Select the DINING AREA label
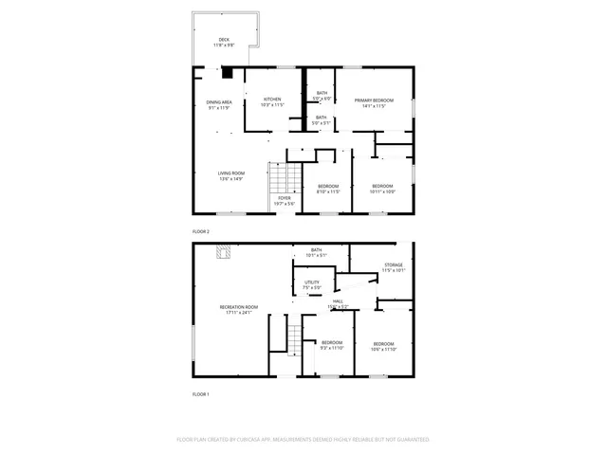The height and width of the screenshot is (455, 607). coord(219,104)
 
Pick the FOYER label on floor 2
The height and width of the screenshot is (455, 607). coord(285,200)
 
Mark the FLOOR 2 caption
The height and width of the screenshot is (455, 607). coord(200,231)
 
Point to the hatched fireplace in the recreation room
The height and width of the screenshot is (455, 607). coord(224,251)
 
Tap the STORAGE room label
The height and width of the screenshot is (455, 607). coord(394,266)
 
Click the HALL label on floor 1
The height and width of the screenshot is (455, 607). coord(338,302)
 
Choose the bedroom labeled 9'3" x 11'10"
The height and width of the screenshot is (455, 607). coord(331,344)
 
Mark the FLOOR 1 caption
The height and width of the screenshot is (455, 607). coord(200,393)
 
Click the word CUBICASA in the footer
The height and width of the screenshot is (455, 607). coord(272,440)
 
